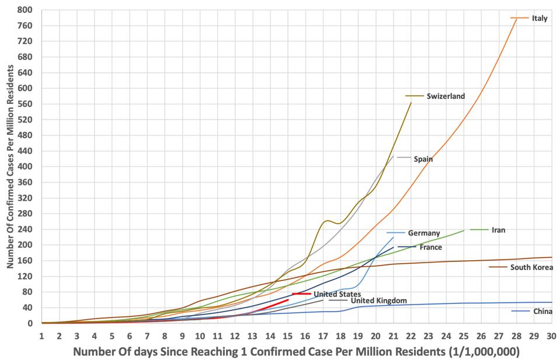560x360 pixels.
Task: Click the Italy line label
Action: point(540,18)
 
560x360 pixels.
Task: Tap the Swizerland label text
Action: point(446,96)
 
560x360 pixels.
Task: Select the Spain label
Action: point(423,159)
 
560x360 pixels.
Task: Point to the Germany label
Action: point(424,233)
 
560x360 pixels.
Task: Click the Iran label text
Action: point(499,230)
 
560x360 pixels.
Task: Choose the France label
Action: point(430,247)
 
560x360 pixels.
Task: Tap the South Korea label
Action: point(531,268)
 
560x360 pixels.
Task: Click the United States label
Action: point(337,294)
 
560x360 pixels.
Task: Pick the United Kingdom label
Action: point(379,300)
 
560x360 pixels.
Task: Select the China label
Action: point(542,312)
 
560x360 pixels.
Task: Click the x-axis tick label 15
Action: point(287,336)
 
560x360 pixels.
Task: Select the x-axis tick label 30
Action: point(551,336)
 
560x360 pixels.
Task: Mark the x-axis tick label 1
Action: point(41,336)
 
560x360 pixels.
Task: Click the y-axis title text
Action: point(10,166)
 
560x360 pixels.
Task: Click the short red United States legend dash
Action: point(301,294)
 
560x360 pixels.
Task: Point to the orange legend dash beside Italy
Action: point(520,18)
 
